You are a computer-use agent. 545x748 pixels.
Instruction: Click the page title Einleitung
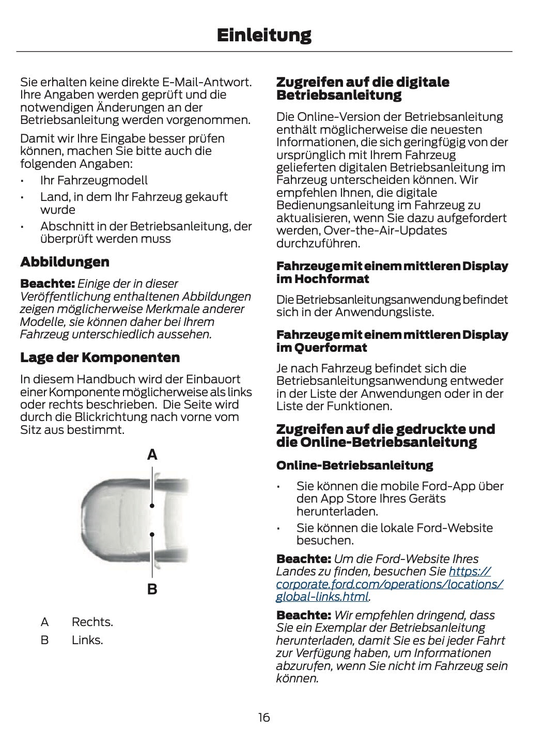click(x=264, y=35)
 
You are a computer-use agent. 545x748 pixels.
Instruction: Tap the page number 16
click(x=264, y=718)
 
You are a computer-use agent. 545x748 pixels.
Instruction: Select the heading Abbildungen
click(x=65, y=262)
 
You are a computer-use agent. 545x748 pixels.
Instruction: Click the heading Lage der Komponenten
click(x=100, y=357)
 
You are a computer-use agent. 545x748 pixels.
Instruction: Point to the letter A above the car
click(x=152, y=455)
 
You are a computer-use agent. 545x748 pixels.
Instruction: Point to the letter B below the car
click(x=152, y=589)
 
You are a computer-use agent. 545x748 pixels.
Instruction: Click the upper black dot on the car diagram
click(x=152, y=506)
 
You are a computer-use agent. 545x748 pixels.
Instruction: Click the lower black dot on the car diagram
click(x=152, y=535)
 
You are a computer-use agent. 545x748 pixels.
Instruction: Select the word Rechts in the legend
click(x=92, y=622)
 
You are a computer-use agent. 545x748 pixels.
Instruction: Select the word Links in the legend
click(x=87, y=640)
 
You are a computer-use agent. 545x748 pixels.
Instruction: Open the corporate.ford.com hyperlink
click(x=389, y=584)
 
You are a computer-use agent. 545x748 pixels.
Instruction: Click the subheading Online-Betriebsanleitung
click(x=354, y=465)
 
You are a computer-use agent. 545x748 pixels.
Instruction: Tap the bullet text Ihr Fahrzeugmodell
click(x=94, y=180)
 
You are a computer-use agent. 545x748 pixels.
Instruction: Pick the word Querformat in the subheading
click(x=331, y=348)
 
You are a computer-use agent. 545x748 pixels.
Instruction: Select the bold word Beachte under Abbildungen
click(x=47, y=284)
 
